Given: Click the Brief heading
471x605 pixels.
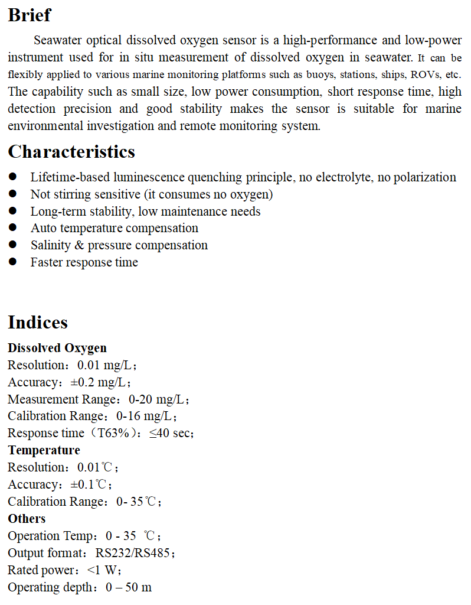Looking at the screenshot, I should [x=30, y=15].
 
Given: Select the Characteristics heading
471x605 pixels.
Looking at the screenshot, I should [x=71, y=152].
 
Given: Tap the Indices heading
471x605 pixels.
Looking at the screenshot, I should [x=38, y=323].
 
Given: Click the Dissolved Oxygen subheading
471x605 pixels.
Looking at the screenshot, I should [x=57, y=348].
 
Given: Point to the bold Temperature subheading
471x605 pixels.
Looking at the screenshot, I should [x=44, y=450].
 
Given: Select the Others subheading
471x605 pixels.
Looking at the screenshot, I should [x=27, y=519].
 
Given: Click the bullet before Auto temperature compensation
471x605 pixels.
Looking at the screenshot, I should [x=14, y=228].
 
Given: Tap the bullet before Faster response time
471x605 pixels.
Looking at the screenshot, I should [x=14, y=262].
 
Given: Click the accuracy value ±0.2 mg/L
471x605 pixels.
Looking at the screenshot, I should [x=100, y=382].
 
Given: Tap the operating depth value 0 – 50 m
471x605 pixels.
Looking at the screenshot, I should [x=129, y=588].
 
